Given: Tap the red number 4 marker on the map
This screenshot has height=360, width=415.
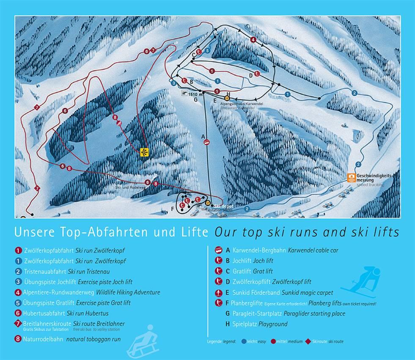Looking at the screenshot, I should click(x=253, y=40).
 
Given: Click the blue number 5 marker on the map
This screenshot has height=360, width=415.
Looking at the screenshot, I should click(x=207, y=50).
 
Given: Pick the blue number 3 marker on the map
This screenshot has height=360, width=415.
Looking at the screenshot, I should click(x=174, y=83).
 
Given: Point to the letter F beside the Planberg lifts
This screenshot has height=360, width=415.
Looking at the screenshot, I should click(x=173, y=208).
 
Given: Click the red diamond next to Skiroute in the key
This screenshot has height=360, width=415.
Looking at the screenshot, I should click(x=296, y=341).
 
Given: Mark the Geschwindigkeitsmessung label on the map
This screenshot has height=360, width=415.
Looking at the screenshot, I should click(x=375, y=177).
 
